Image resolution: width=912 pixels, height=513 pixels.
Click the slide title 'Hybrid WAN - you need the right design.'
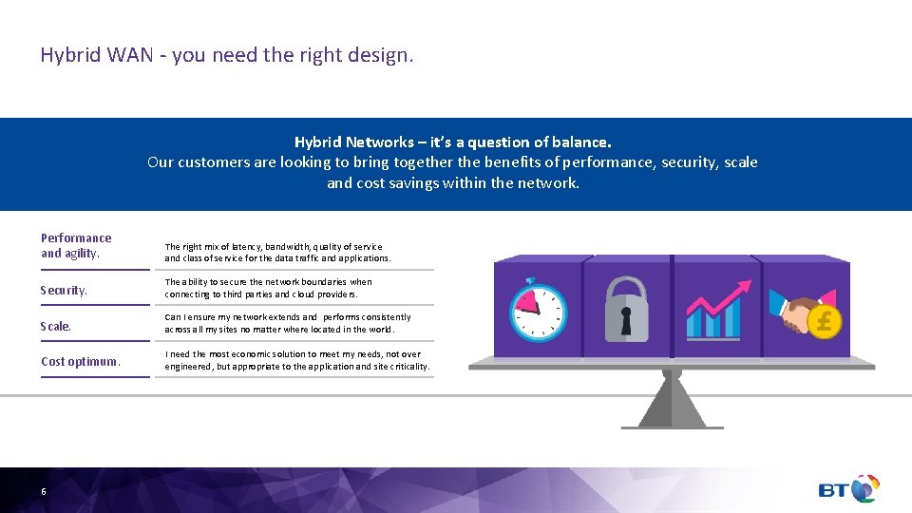tap(227, 55)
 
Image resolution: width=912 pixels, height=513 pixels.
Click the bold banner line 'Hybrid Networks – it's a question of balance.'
tap(452, 142)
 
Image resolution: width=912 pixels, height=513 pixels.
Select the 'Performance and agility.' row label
tap(76, 245)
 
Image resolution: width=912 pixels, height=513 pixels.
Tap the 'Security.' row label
tap(64, 290)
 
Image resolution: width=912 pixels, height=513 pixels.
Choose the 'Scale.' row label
tap(56, 326)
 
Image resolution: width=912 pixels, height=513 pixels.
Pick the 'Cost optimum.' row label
tap(81, 361)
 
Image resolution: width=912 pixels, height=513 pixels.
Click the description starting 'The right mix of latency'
tap(277, 252)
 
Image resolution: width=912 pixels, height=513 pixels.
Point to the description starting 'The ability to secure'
tap(269, 288)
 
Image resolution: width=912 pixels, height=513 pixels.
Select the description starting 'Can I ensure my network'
tap(288, 323)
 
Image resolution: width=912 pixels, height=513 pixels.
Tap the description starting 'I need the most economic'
tap(296, 360)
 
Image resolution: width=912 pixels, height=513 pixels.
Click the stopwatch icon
tap(539, 310)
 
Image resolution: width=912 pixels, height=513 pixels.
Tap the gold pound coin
tap(824, 321)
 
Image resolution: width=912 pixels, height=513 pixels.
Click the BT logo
tap(848, 489)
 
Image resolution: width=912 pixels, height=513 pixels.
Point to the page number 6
tap(44, 491)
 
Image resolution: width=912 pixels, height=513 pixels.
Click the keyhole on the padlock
tap(626, 321)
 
